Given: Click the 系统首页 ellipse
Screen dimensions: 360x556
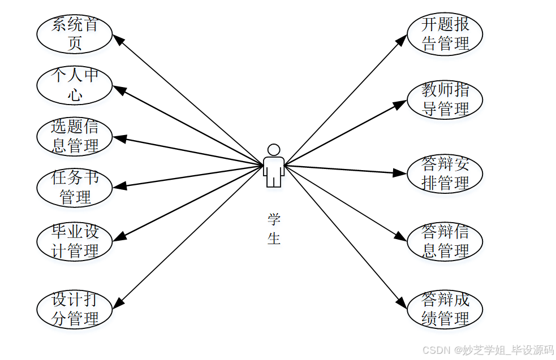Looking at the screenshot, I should (75, 34).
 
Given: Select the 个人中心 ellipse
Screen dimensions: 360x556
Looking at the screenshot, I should (75, 85).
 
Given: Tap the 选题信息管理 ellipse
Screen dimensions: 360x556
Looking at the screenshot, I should (75, 136).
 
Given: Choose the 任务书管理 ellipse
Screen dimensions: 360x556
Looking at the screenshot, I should (75, 188).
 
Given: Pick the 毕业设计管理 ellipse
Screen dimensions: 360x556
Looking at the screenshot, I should (75, 241).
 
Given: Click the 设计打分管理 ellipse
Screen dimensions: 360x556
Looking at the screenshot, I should (75, 309).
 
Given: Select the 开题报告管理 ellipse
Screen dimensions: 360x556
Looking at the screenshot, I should (445, 34).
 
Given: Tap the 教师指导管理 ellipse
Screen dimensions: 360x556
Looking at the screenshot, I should (445, 99).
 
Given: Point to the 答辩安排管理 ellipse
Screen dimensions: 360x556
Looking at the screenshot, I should (445, 174).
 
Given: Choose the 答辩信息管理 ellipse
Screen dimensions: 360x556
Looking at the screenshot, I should (445, 241).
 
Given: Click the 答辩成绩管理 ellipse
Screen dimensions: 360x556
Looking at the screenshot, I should (445, 309).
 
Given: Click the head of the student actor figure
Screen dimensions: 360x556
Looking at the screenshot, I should (274, 150).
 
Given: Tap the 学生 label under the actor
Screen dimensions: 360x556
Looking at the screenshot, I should (274, 228).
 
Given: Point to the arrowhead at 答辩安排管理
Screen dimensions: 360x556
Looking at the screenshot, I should (401, 172).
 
